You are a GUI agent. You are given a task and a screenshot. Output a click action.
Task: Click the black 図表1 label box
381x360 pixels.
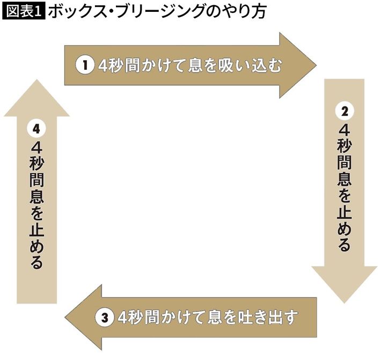[24, 12]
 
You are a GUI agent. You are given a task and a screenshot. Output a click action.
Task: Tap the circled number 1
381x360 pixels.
[84, 65]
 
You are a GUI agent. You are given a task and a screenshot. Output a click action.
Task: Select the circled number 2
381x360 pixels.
[344, 111]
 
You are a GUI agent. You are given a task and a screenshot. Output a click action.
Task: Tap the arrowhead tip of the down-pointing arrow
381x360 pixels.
[344, 303]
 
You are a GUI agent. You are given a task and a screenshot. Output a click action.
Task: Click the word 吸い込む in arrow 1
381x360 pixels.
[258, 65]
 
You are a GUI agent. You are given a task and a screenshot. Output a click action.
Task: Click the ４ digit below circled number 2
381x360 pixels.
[344, 131]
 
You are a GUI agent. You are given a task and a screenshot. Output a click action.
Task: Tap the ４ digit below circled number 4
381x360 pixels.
[36, 148]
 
